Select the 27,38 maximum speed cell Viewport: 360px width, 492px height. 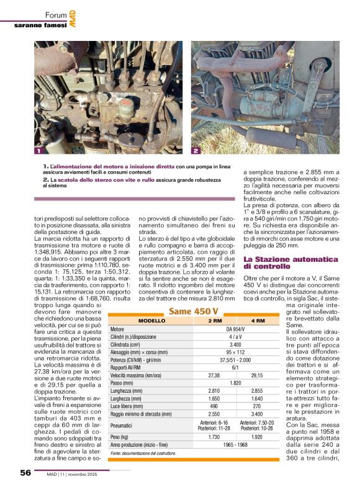point(215,375)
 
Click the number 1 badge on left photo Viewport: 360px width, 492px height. point(38,151)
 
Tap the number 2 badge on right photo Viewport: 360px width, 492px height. point(196,151)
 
